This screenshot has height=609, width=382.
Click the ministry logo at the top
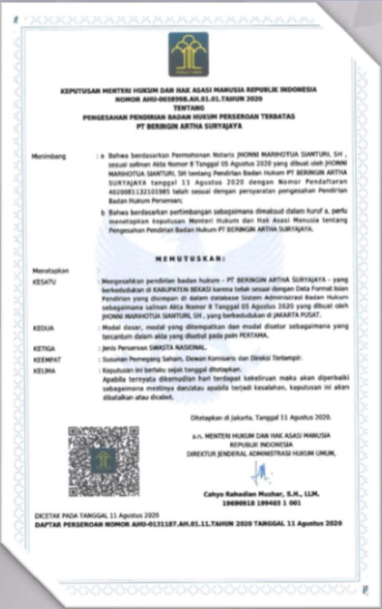pyautogui.click(x=188, y=55)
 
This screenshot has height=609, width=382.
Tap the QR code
pyautogui.click(x=103, y=461)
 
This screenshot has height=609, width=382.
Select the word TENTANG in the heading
pyautogui.click(x=188, y=108)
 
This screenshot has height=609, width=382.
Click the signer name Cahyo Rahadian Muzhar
pyautogui.click(x=261, y=494)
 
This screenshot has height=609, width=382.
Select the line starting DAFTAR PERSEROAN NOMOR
pyautogui.click(x=188, y=524)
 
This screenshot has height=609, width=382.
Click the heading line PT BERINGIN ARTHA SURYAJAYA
pyautogui.click(x=188, y=126)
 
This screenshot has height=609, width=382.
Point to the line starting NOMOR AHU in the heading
pyautogui.click(x=188, y=100)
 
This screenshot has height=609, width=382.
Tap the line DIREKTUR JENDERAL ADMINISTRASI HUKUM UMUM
pyautogui.click(x=261, y=453)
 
